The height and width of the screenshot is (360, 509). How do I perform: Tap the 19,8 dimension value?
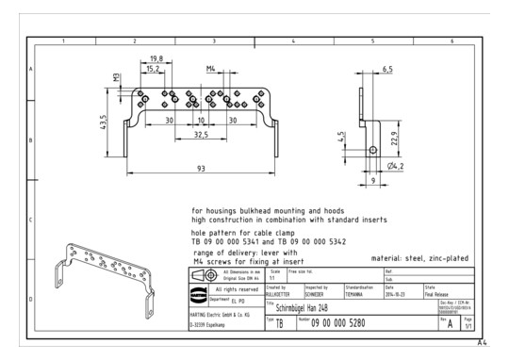[x=156, y=58]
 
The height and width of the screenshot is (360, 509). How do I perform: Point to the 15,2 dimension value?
[x=151, y=69]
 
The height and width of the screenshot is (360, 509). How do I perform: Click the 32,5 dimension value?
[x=201, y=135]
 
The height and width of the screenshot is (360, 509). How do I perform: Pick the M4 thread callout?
[x=212, y=69]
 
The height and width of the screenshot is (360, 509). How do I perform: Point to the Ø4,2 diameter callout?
[x=398, y=167]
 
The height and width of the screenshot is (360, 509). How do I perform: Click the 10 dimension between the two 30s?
[x=201, y=121]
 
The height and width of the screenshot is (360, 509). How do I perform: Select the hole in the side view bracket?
[x=373, y=150]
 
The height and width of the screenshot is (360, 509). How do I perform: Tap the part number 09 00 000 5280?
[x=330, y=323]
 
